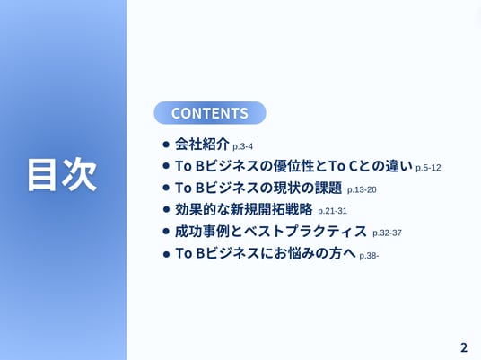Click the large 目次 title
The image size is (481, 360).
point(62,175)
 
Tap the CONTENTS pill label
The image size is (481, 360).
point(210,113)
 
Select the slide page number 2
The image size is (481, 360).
point(464,347)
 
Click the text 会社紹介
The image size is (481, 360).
point(202,144)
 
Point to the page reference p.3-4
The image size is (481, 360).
point(242,146)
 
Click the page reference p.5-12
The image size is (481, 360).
point(428,168)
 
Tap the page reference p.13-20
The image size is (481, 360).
point(362,189)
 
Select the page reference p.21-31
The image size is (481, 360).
point(333,211)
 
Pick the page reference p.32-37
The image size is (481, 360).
point(387,233)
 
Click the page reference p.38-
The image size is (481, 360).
point(369,256)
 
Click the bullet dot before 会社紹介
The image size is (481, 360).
point(166,145)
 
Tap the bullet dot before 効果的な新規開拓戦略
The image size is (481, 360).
point(166,209)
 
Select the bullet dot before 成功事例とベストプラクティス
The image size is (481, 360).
point(166,232)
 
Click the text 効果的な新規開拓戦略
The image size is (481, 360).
point(243,209)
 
